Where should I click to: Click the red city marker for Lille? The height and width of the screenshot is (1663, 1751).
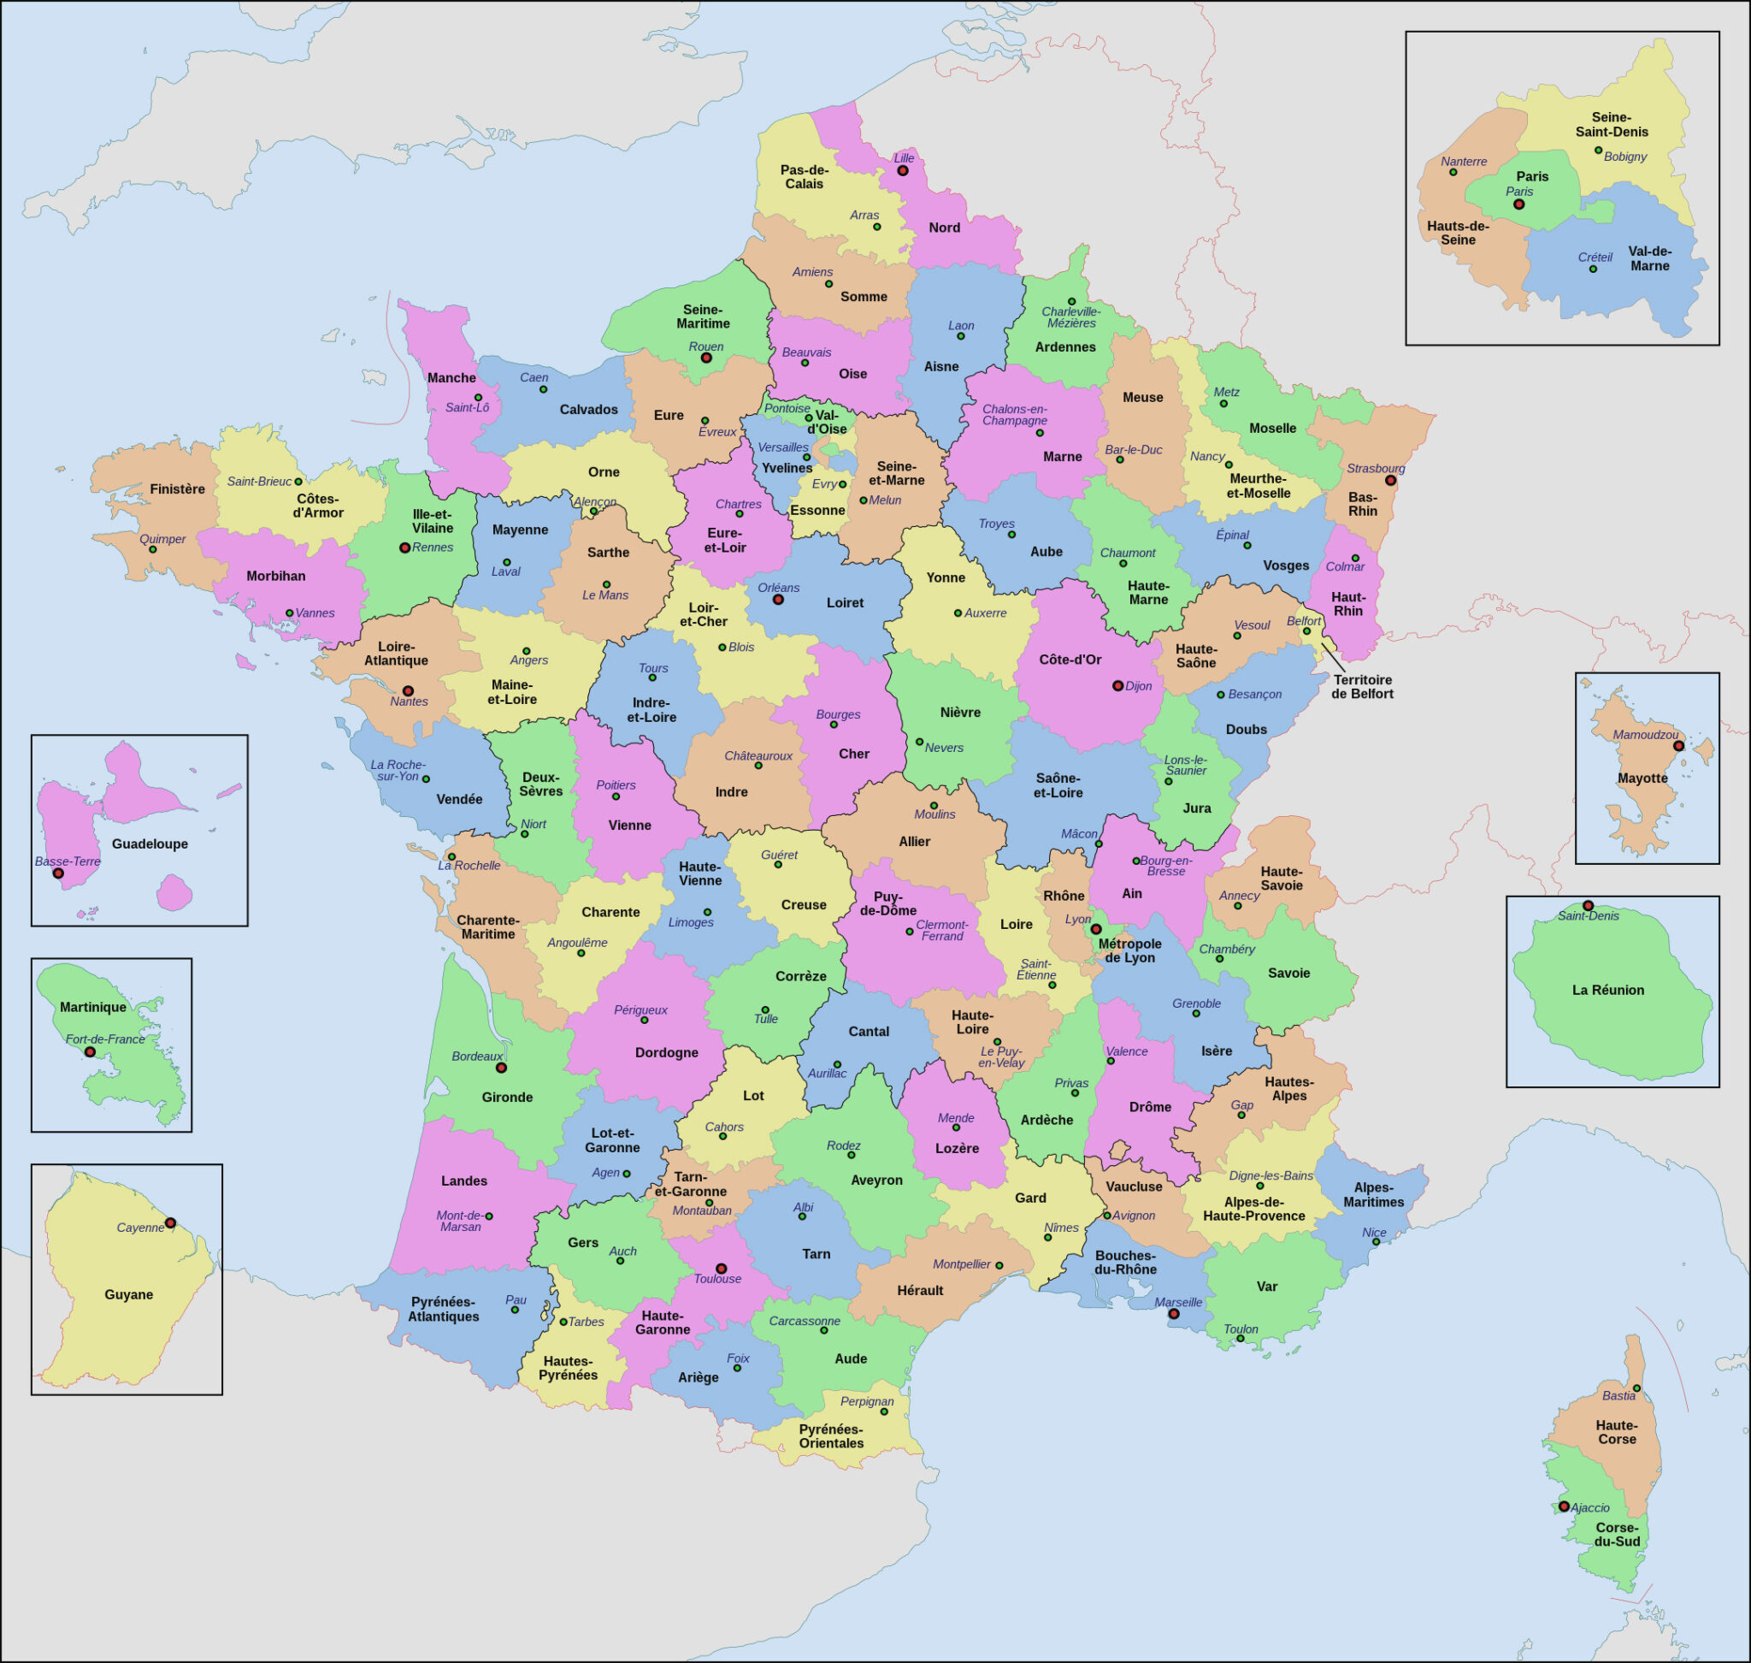(902, 170)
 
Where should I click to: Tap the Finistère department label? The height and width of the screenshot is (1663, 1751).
(177, 489)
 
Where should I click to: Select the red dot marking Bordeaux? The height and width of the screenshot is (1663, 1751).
(501, 1068)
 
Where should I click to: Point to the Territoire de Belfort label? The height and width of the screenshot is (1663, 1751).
(1362, 687)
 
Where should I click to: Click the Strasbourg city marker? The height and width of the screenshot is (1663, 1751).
(1390, 481)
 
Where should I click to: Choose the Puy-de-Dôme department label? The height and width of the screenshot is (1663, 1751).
(888, 903)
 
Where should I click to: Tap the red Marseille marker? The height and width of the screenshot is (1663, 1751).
(1173, 1314)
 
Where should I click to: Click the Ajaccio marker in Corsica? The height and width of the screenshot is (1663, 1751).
(1564, 1506)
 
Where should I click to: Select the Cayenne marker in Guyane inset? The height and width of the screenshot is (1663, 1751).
(170, 1222)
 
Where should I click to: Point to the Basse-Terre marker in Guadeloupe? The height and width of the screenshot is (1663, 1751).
(58, 873)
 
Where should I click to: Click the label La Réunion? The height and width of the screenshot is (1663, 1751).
(1607, 990)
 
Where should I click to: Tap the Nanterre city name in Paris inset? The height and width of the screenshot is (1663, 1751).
(1464, 162)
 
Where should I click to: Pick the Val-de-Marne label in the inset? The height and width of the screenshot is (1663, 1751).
(1649, 258)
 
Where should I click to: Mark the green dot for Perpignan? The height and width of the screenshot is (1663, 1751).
(883, 1411)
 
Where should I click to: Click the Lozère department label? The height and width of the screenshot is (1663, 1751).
(957, 1148)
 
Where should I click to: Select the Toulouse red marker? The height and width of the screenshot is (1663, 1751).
(721, 1269)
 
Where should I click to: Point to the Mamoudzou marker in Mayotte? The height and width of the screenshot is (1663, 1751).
(1678, 747)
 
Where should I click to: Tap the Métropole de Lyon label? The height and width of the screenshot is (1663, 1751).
(1129, 950)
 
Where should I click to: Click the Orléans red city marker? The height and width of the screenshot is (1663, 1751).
(778, 600)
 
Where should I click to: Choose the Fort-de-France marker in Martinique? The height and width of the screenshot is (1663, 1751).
(90, 1051)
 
